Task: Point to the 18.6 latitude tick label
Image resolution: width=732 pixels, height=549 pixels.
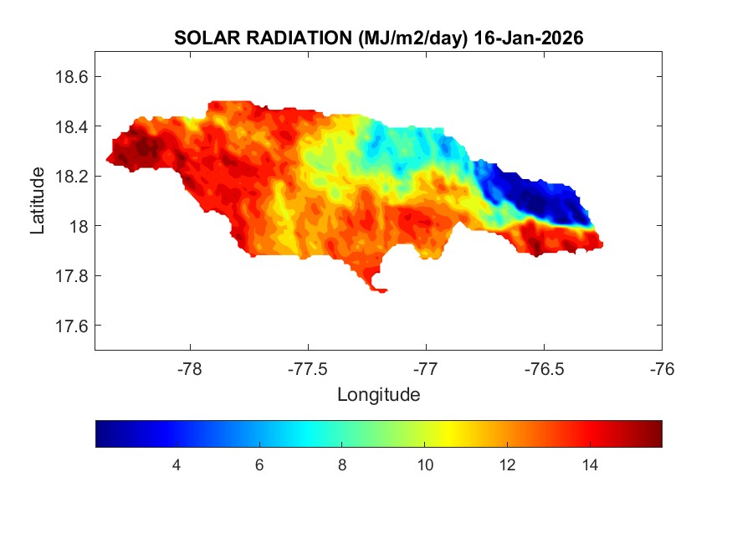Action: pos(71,77)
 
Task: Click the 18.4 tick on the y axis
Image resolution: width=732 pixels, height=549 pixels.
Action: pos(71,126)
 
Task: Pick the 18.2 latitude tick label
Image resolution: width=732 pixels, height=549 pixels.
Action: pos(71,177)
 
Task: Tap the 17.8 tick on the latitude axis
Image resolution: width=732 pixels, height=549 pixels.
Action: pos(71,276)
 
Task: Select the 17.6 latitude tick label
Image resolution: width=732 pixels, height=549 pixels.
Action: pos(71,326)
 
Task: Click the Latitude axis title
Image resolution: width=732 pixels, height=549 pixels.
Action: pos(38,201)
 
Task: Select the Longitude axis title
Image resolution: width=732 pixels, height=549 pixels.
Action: pos(378,394)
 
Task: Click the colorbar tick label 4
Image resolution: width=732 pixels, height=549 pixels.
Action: pos(177,464)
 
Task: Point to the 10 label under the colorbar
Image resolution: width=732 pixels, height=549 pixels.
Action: pos(424,464)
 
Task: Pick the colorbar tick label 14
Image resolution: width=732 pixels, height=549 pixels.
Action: pos(590,464)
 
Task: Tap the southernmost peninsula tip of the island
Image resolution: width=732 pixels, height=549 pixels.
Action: pos(381,290)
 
